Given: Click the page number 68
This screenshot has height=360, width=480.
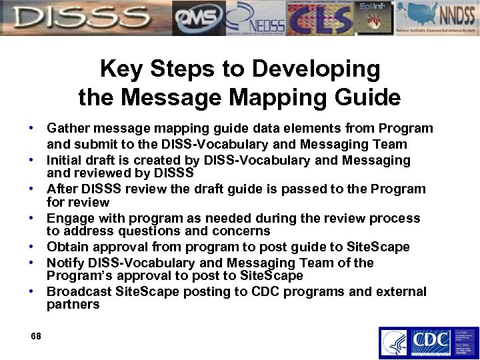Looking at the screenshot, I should (35, 337).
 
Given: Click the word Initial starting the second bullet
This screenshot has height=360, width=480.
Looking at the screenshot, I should (64, 160).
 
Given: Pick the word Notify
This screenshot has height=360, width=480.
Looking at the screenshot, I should (65, 263).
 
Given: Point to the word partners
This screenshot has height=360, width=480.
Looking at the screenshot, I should (73, 305).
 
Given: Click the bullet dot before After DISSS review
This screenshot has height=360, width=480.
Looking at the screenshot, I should (31, 189).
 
